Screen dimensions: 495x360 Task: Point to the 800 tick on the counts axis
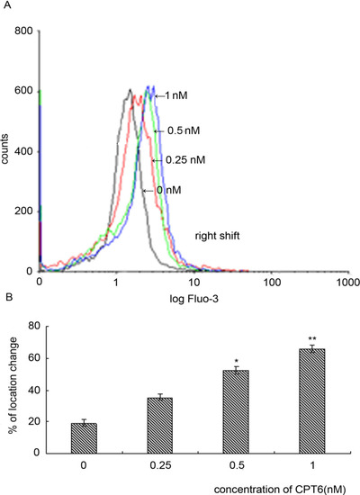pyautogui.click(x=24, y=31)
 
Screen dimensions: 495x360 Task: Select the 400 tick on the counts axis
pyautogui.click(x=24, y=151)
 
